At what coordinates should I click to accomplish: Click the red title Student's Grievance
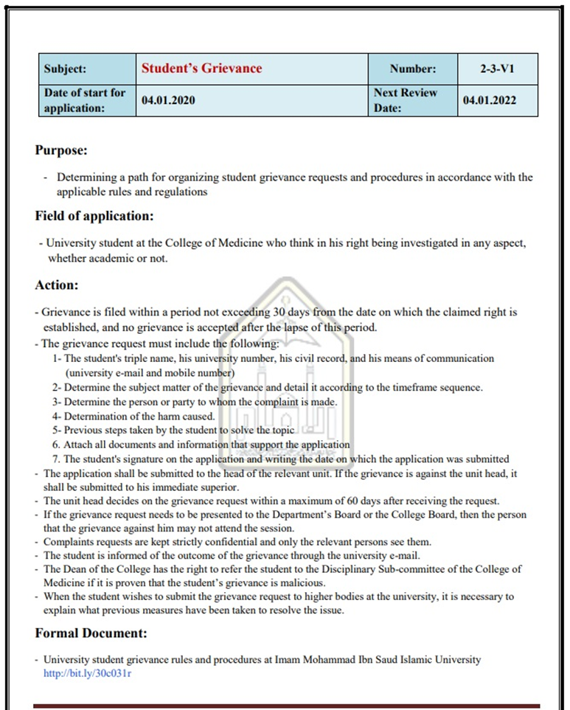201,69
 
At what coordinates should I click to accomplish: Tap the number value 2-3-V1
496,69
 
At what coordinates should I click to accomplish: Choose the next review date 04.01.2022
490,101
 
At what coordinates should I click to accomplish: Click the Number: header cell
413,69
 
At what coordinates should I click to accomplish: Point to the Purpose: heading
61,150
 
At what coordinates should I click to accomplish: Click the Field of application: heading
94,216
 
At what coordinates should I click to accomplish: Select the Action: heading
57,284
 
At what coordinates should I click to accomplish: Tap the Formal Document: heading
91,633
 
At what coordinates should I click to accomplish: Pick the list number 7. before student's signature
56,459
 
